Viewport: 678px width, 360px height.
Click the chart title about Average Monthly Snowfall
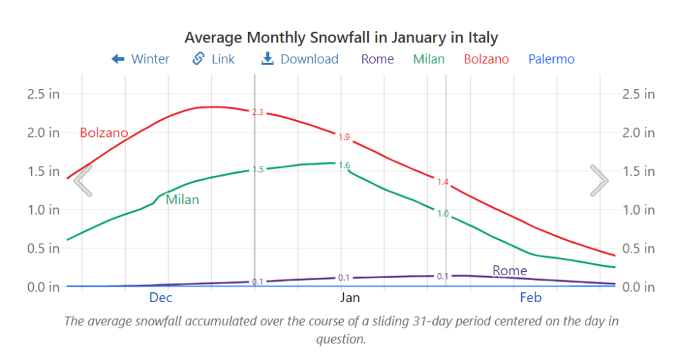(x=341, y=37)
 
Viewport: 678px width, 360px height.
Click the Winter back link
(x=141, y=59)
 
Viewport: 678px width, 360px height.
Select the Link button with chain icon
(x=214, y=59)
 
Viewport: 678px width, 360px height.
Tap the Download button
(x=300, y=59)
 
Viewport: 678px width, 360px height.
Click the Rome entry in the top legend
(x=377, y=59)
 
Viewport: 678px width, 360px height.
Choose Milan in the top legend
(x=429, y=59)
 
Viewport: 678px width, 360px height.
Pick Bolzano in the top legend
(x=486, y=59)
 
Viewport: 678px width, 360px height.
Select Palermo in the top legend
(x=551, y=59)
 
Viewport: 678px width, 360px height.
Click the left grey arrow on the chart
(x=83, y=181)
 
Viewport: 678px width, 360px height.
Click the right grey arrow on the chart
(x=599, y=181)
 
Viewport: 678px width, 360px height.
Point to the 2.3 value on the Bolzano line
(x=258, y=112)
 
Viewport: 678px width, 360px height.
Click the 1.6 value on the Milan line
(x=344, y=165)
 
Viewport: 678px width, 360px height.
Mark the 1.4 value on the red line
(x=443, y=182)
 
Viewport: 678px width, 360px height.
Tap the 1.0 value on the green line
(x=443, y=213)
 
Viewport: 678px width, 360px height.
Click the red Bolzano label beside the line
(x=104, y=133)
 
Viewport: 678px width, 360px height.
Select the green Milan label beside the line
(x=182, y=200)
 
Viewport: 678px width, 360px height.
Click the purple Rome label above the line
(x=509, y=271)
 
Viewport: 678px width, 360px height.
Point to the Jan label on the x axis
(x=350, y=298)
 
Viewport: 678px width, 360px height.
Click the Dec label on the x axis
(x=160, y=298)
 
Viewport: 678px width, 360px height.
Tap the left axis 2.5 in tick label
(x=44, y=94)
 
